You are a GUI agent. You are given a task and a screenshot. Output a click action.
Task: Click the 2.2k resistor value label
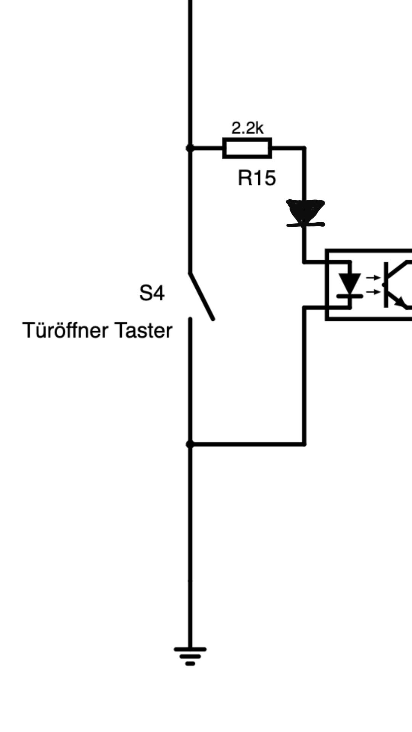(247, 128)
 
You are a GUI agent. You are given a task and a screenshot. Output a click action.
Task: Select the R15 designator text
(256, 178)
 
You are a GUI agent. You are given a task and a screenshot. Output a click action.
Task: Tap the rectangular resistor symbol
(247, 148)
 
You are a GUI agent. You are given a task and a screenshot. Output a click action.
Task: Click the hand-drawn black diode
(305, 213)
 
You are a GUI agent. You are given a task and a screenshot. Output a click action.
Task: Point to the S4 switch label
(152, 293)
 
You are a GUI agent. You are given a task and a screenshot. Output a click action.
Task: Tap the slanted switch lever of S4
(201, 296)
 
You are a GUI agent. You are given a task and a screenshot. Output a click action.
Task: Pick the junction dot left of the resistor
(190, 148)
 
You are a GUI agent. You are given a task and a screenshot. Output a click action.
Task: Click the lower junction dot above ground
(190, 444)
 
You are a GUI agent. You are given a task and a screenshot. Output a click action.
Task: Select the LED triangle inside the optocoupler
(349, 283)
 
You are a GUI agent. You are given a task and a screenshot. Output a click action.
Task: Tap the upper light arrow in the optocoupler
(372, 278)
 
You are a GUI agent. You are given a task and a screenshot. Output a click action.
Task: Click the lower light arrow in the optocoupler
(372, 292)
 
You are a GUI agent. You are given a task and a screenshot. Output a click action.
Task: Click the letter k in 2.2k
(259, 128)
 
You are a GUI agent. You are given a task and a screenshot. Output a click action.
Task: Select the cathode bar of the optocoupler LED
(349, 295)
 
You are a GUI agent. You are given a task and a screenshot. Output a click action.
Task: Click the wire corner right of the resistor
(304, 148)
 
